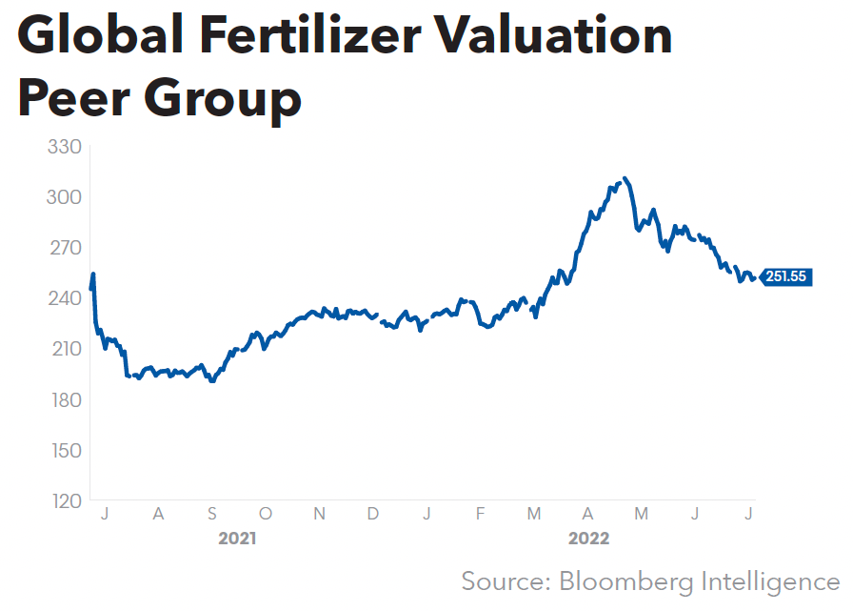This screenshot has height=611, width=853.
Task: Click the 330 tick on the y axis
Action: [x=65, y=147]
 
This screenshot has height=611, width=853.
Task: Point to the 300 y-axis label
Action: [x=65, y=197]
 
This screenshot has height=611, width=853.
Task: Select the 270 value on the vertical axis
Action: [x=65, y=248]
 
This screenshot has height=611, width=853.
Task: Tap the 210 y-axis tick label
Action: [x=65, y=349]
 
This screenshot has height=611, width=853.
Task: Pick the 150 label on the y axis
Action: [x=65, y=450]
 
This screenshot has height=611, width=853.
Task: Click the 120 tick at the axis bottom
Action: [x=65, y=500]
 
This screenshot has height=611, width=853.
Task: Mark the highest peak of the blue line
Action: [x=624, y=178]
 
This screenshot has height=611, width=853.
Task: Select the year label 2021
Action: [x=237, y=539]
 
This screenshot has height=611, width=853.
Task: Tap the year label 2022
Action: [x=589, y=539]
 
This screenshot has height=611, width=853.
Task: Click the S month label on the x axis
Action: [x=212, y=514]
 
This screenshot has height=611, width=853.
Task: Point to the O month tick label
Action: [x=266, y=514]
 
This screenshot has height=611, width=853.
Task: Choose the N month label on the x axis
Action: [x=320, y=514]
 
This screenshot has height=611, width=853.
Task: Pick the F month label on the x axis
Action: [x=481, y=514]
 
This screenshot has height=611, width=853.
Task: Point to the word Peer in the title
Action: [x=74, y=99]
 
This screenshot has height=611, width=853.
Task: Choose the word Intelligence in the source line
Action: [x=771, y=580]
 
